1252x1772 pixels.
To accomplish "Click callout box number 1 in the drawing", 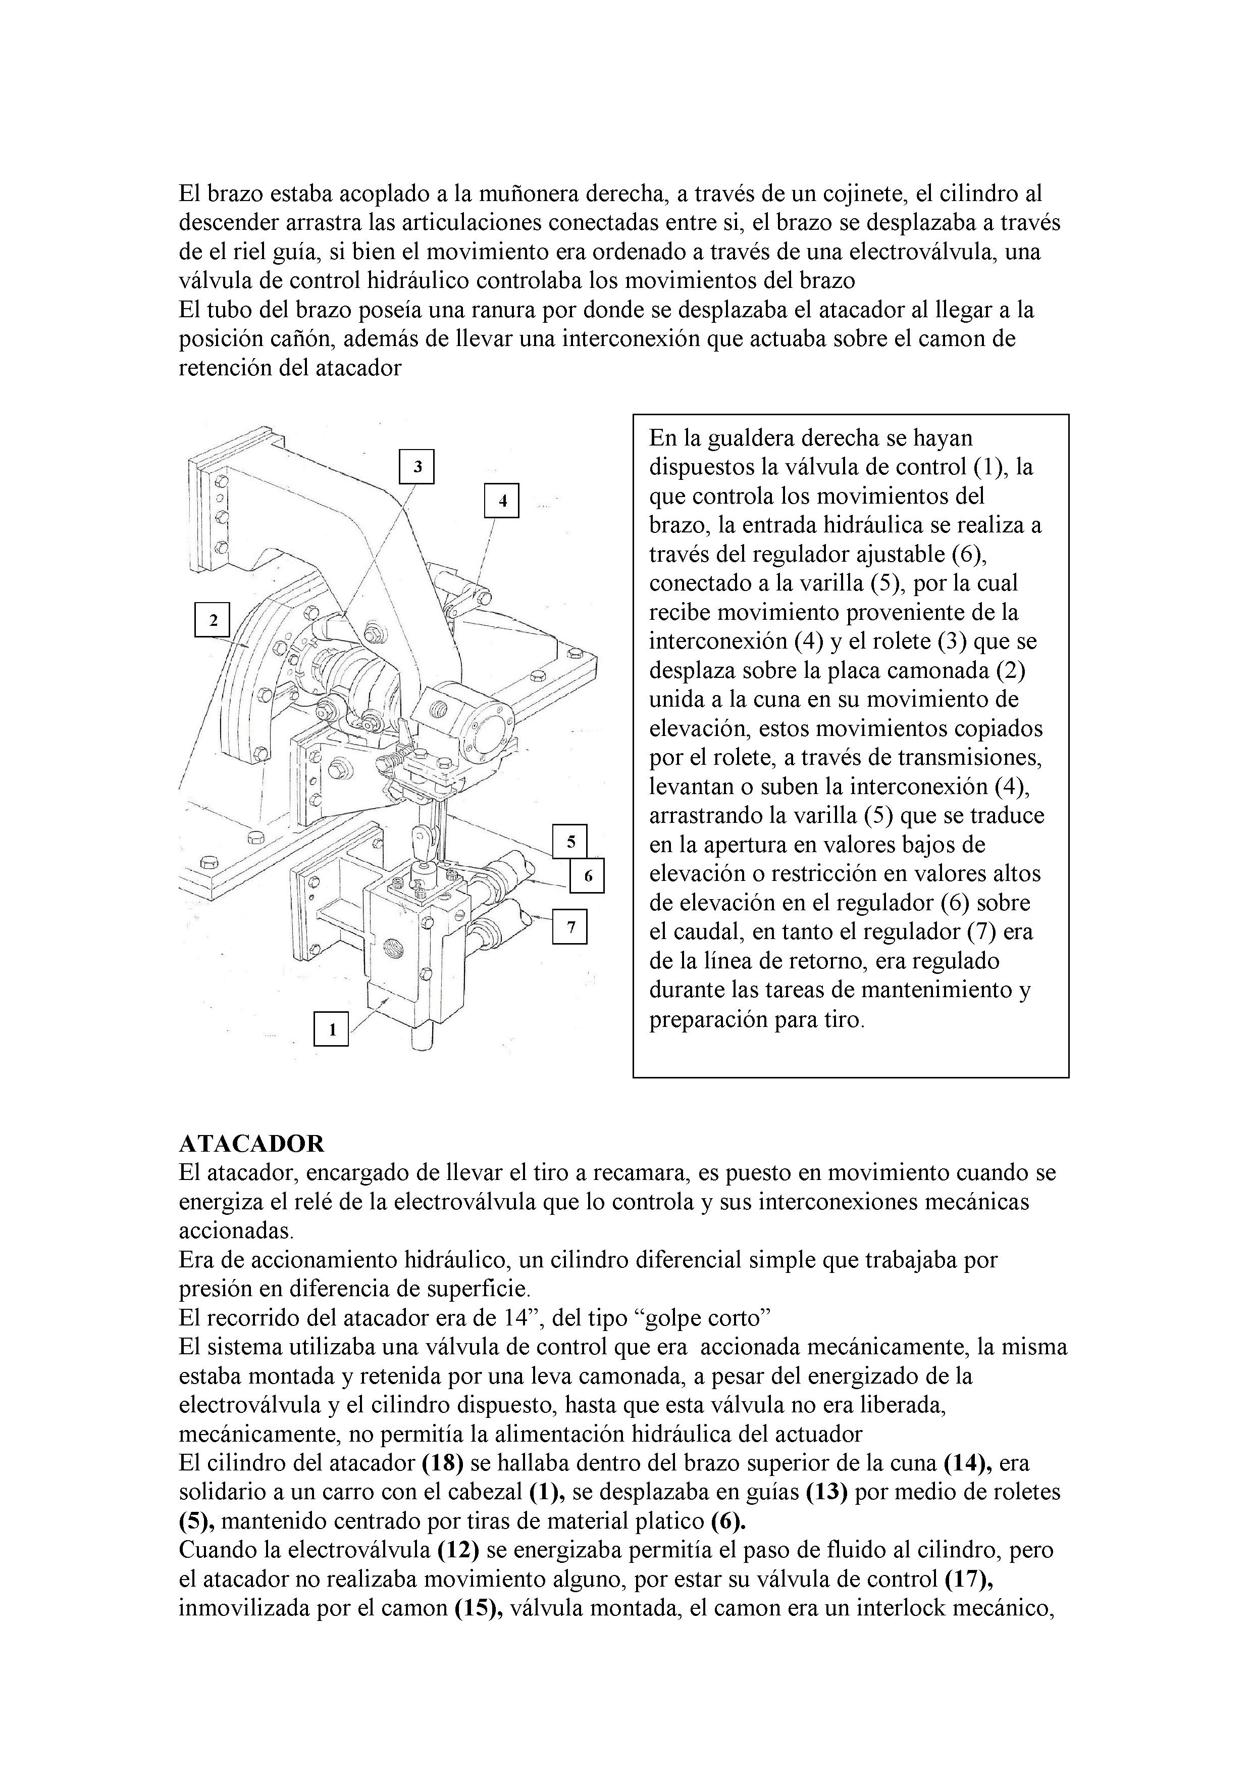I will pyautogui.click(x=332, y=1029).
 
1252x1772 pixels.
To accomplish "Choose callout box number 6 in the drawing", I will pyautogui.click(x=588, y=876).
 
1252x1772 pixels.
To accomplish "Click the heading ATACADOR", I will pyautogui.click(x=251, y=1143).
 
